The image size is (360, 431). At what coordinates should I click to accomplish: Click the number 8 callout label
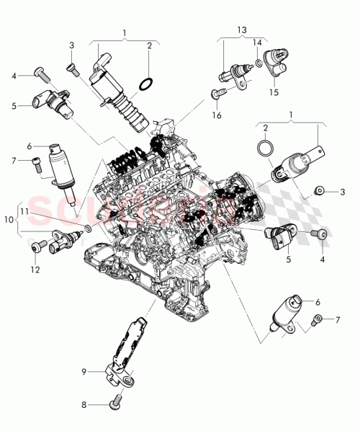tap(84, 405)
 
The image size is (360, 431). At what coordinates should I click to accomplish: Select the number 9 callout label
tap(84, 371)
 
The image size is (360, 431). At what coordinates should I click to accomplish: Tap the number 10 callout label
tap(9, 218)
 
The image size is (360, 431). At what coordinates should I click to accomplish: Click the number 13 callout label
tap(241, 30)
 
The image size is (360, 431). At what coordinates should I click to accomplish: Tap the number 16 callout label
tap(216, 115)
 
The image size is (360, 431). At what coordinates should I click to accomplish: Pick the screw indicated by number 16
tap(217, 92)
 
